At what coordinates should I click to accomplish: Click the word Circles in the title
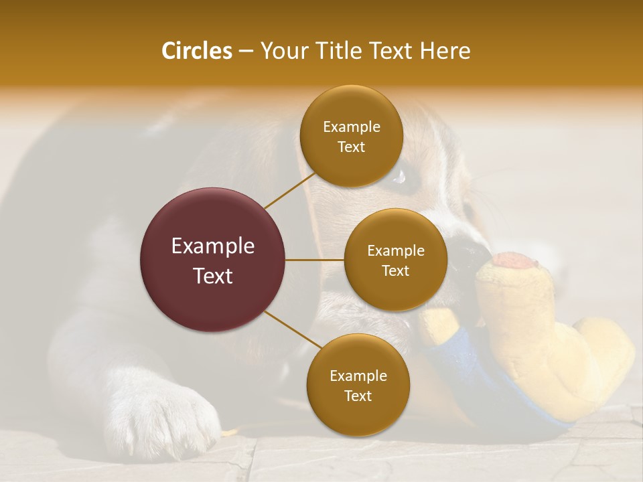click(x=196, y=51)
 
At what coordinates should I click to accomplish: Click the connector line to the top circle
click(x=290, y=191)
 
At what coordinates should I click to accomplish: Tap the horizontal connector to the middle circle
click(x=314, y=260)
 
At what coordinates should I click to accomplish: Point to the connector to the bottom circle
click(x=290, y=330)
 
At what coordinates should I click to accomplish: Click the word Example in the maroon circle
click(x=213, y=246)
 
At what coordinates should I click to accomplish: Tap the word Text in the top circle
click(x=351, y=147)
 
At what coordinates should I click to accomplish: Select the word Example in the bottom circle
click(x=358, y=376)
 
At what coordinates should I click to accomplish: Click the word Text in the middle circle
click(x=395, y=270)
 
